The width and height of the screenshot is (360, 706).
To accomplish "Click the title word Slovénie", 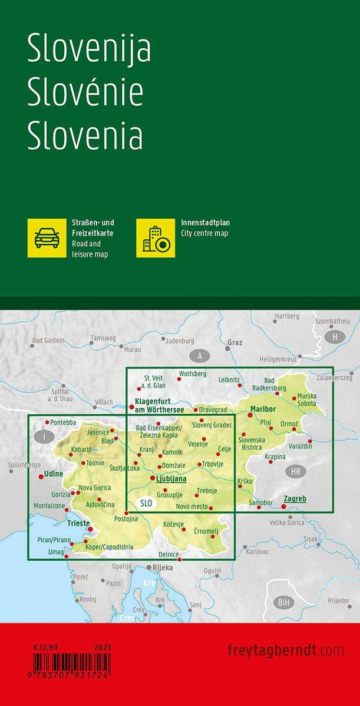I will pyautogui.click(x=85, y=93).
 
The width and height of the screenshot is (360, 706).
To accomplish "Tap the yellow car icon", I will pyautogui.click(x=47, y=238).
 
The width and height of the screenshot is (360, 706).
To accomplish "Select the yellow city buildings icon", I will pyautogui.click(x=156, y=238).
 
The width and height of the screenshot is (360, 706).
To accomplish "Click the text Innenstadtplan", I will pyautogui.click(x=205, y=223).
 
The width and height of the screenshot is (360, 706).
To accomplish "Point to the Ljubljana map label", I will pyautogui.click(x=171, y=478).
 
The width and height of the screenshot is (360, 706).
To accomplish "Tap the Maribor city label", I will pyautogui.click(x=263, y=408).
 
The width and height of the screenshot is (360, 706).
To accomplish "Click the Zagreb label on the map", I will pyautogui.click(x=295, y=498).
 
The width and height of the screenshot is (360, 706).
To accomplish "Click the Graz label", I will pyautogui.click(x=235, y=342).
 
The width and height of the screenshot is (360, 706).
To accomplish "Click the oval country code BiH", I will pyautogui.click(x=285, y=602).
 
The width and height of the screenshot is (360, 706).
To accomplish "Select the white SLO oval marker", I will pyautogui.click(x=147, y=502).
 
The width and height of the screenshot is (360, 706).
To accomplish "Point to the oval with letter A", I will pyautogui.click(x=200, y=355).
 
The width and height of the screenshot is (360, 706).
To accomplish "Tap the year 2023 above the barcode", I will pyautogui.click(x=102, y=647).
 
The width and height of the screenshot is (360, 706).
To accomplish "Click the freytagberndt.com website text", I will pyautogui.click(x=285, y=650).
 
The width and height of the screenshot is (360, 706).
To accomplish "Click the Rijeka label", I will pyautogui.click(x=163, y=568).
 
